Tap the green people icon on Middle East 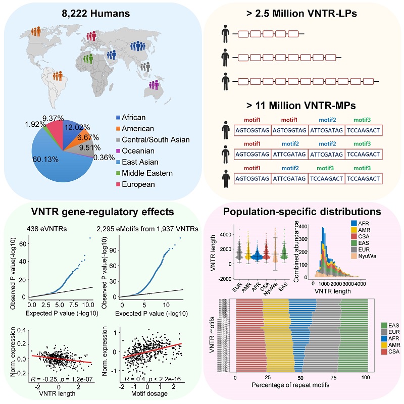coord(88,58)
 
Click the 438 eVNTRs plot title coord(48,227)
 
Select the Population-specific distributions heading coord(302,212)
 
